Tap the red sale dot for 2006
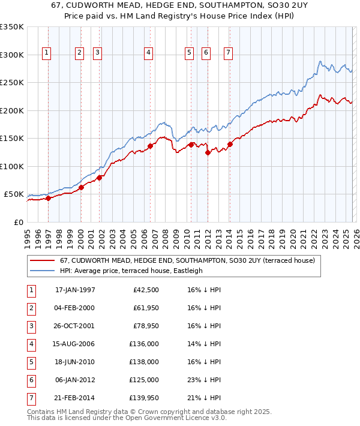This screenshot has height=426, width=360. pos(150,146)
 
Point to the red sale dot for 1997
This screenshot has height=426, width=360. pos(49,199)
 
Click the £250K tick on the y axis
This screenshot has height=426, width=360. pos(13,83)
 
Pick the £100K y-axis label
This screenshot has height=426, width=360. pos(13,166)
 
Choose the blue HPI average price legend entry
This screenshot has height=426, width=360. pos(131,271)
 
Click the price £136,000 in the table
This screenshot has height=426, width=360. pos(145,344)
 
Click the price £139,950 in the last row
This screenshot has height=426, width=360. pos(145,398)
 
